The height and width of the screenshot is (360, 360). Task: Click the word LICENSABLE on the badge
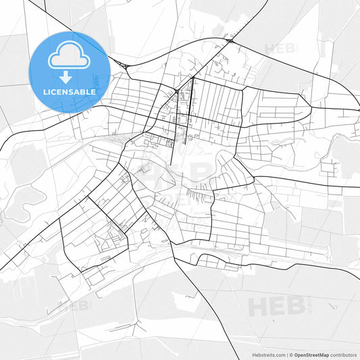pyautogui.click(x=70, y=91)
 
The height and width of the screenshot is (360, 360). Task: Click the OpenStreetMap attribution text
pyautogui.click(x=311, y=354)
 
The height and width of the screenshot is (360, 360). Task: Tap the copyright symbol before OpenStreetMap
pyautogui.click(x=291, y=354)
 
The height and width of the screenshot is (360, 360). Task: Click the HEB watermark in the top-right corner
pyautogui.click(x=280, y=49)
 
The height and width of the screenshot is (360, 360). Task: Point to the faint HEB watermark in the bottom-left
pyautogui.click(x=78, y=305)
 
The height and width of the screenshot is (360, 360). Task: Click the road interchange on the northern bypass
pyautogui.click(x=230, y=41)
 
